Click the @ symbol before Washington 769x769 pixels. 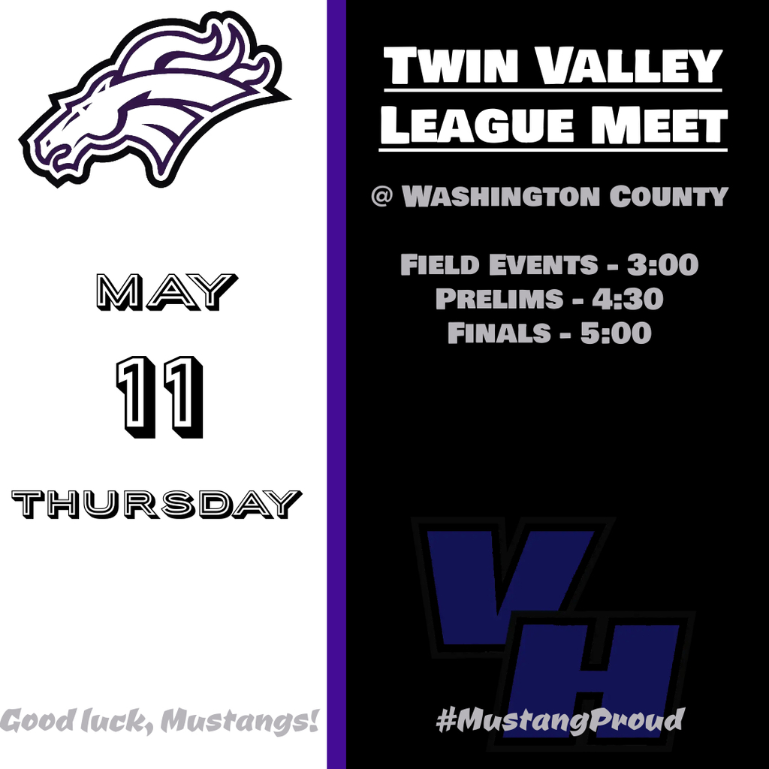point(381,196)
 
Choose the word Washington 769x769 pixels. point(501,196)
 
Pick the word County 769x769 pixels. point(669,196)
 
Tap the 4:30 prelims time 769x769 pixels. point(628,299)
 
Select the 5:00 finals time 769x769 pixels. point(616,333)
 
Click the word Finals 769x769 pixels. point(499,333)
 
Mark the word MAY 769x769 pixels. point(167,292)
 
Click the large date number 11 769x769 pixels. point(160,397)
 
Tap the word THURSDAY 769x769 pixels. point(156,504)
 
